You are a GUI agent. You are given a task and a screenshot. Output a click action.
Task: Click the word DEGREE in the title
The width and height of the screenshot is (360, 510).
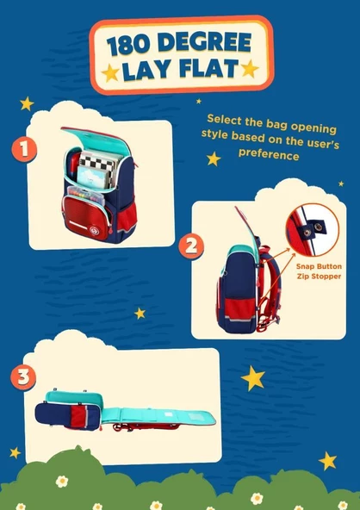tap(205, 43)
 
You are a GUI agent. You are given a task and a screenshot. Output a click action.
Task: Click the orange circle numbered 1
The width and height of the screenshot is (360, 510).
tap(24, 150)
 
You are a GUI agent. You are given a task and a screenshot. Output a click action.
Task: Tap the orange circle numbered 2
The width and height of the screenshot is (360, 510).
tap(191, 246)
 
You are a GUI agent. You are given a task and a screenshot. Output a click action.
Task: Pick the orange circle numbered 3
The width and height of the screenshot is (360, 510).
tap(23, 377)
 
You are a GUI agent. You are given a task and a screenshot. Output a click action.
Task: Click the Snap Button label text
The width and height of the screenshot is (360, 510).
tap(319, 266)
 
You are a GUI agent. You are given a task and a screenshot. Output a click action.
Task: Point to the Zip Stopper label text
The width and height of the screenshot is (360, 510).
tap(319, 277)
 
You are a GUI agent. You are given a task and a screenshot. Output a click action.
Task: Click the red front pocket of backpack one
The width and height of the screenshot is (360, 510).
tap(87, 218)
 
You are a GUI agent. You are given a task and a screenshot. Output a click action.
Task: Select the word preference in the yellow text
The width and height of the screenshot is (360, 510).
tap(269, 154)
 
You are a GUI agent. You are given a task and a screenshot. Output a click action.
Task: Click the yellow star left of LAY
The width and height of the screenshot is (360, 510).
tap(110, 73)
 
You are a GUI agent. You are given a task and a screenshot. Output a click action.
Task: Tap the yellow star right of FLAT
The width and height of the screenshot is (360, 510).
tap(250, 69)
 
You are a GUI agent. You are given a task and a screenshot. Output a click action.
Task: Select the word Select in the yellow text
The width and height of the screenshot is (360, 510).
tap(224, 119)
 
